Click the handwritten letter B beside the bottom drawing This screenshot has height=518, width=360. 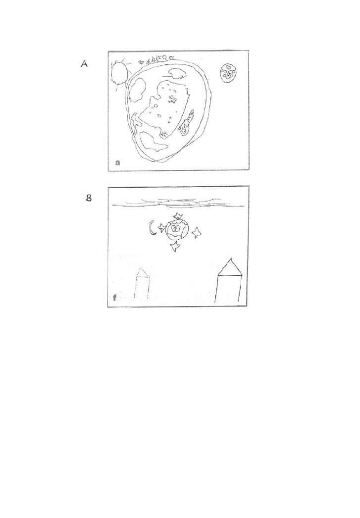(x=89, y=198)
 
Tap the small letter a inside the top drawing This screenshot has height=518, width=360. (x=117, y=162)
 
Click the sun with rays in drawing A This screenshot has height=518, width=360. (x=119, y=74)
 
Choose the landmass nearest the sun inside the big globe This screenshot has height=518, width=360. (x=137, y=90)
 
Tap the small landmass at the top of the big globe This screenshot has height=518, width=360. (x=178, y=73)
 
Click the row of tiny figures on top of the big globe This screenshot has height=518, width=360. (x=155, y=60)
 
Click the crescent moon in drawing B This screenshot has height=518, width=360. (x=152, y=228)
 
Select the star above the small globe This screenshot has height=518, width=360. (x=178, y=216)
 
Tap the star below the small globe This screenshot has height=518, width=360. (x=175, y=246)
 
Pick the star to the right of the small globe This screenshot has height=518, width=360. (x=197, y=233)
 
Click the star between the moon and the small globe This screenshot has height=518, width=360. (x=161, y=228)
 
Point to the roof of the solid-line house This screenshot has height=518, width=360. (x=230, y=266)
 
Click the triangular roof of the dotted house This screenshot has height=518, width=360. (x=142, y=271)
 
